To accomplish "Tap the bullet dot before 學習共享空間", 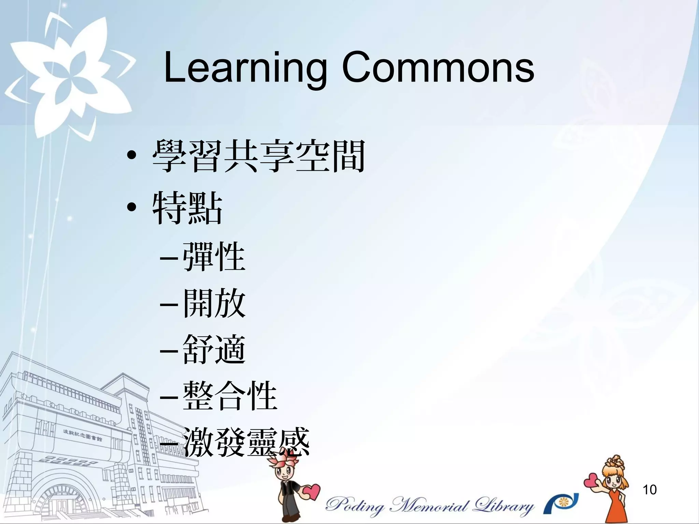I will click(x=131, y=156).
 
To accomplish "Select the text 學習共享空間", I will click(x=259, y=156).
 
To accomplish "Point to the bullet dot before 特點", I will click(x=131, y=207).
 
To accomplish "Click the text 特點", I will click(x=187, y=207).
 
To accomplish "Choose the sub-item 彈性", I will click(x=214, y=257).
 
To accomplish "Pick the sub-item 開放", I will click(x=214, y=303).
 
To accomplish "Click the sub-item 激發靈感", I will click(x=246, y=442).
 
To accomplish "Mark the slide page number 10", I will click(x=649, y=490).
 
